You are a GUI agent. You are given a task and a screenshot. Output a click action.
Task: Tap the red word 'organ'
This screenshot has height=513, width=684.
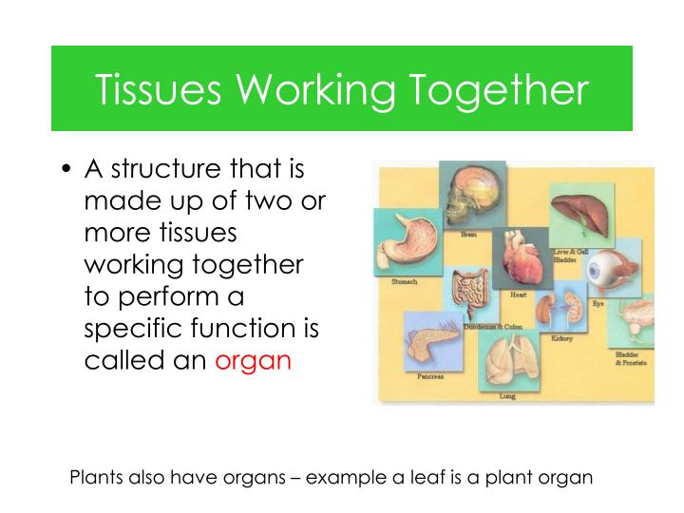pos(253,362)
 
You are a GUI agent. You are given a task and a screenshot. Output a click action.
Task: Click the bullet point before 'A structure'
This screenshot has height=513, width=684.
pos(66,171)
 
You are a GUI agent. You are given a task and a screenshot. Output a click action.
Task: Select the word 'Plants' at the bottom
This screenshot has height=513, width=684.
pos(97,477)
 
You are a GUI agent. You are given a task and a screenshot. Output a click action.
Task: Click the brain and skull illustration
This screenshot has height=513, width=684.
pos(471,196)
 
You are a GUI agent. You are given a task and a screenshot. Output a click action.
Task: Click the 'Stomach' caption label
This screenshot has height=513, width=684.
pos(405,282)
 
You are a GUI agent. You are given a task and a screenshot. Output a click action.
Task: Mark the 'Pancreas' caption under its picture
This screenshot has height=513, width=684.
pos(429,376)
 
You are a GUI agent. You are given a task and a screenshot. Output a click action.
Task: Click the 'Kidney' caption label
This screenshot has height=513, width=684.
pos(561,338)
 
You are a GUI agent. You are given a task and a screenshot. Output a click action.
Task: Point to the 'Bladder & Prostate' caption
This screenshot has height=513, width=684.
pos(633,358)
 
